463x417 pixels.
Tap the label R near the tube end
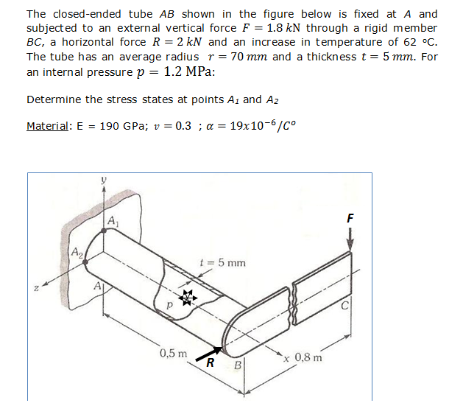click(x=210, y=362)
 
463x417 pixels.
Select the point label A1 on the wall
click(x=112, y=220)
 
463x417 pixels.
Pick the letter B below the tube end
click(x=237, y=365)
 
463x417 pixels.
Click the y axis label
click(x=104, y=179)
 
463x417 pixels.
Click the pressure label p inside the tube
click(x=169, y=304)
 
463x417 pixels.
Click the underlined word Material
click(x=48, y=126)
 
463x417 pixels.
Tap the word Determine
click(x=51, y=99)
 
